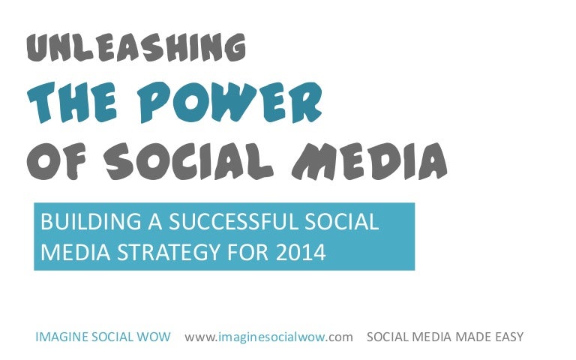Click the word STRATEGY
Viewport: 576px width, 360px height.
click(166, 252)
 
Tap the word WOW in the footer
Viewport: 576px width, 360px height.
click(157, 337)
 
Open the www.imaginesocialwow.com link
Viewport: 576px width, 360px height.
click(268, 337)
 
